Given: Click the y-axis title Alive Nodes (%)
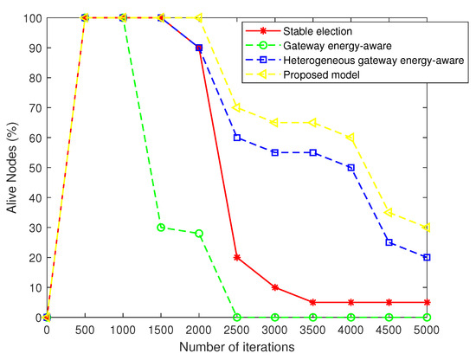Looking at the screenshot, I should [x=11, y=167].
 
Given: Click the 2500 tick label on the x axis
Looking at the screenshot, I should [x=237, y=331].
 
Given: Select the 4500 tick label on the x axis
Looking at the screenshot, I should [x=389, y=331].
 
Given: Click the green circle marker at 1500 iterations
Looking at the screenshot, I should [x=161, y=228].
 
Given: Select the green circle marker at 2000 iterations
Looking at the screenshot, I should [x=199, y=234].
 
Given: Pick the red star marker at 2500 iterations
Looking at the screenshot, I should [x=237, y=257].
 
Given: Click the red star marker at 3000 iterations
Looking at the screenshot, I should [x=275, y=287].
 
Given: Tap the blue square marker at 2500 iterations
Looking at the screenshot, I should [x=237, y=138].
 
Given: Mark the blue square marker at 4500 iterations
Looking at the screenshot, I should [x=389, y=242].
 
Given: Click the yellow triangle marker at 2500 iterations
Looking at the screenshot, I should [x=237, y=107].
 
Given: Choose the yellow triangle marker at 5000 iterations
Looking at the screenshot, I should [x=428, y=228].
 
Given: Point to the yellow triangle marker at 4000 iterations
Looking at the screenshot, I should [x=351, y=138].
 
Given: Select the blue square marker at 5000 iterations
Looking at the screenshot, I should [x=428, y=257].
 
